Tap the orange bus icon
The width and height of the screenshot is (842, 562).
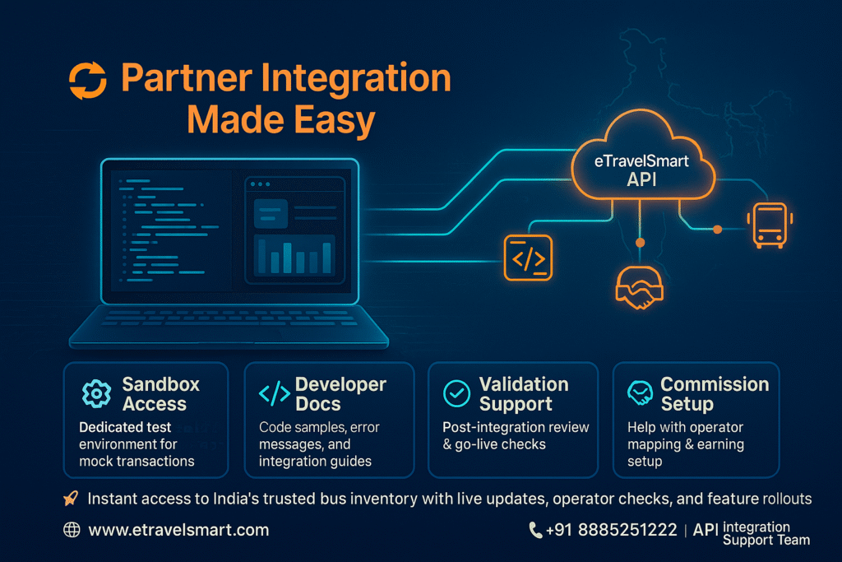click(766, 225)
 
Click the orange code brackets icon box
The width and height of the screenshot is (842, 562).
click(528, 258)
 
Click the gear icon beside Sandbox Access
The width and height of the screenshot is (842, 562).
click(97, 394)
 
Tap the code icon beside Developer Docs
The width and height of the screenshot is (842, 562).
click(274, 394)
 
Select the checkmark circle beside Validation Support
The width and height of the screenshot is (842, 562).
click(456, 394)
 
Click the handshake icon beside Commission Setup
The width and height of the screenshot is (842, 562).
click(639, 394)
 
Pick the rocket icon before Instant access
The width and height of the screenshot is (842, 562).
click(71, 499)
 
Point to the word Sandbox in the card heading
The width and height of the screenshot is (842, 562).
click(161, 384)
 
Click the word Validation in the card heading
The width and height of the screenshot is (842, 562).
click(524, 384)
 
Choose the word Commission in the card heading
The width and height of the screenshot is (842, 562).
click(715, 384)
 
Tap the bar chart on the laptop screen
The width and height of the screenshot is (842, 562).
click(294, 256)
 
